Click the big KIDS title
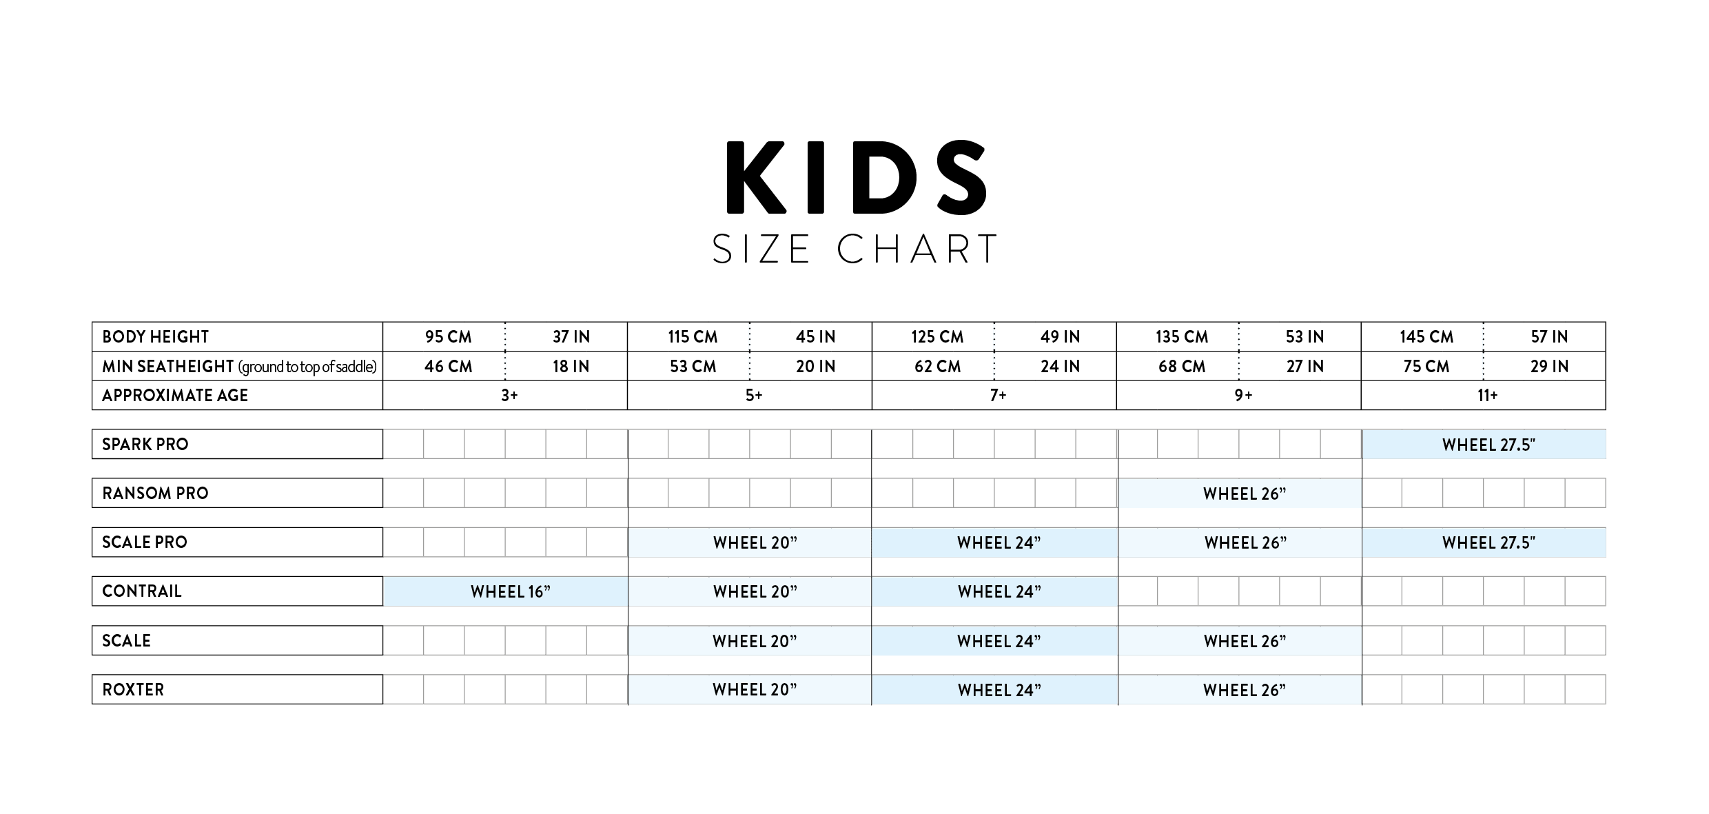[856, 177]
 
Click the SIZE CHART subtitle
[855, 249]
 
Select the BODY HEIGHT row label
[156, 337]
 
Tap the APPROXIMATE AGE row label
[175, 396]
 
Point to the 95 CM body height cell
[449, 337]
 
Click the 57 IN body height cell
[1549, 337]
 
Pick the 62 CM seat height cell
[937, 367]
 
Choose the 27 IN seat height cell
[1305, 367]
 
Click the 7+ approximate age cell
[999, 396]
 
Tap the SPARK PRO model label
[145, 445]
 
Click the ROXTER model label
[133, 690]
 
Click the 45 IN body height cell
[816, 337]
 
